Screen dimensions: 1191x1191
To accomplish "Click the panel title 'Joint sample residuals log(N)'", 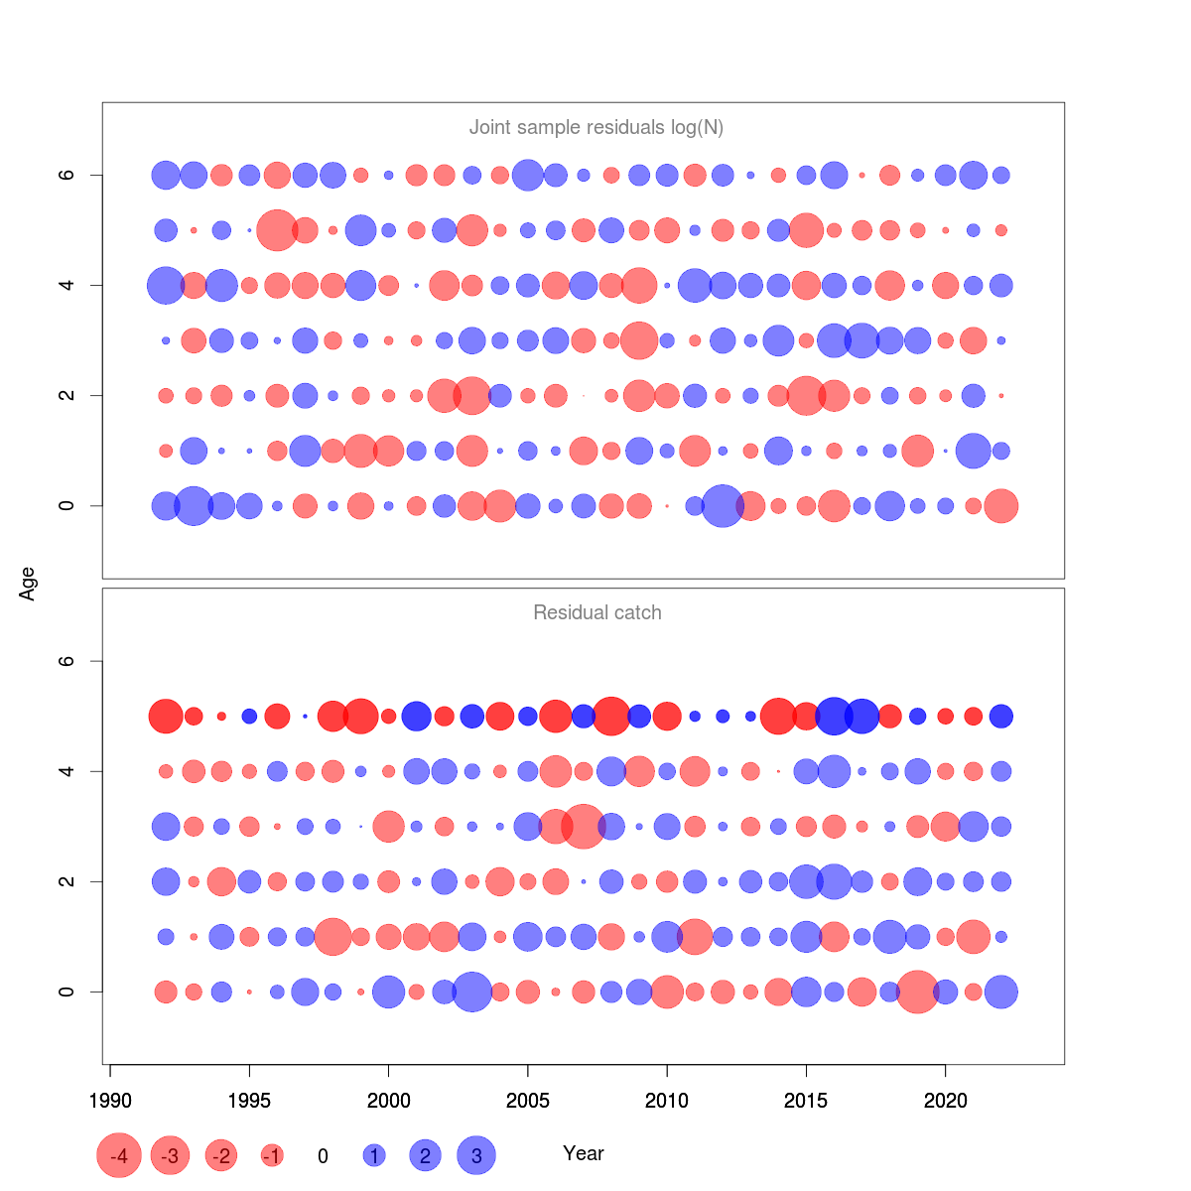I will [595, 127].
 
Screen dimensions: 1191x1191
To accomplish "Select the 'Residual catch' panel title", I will [596, 612].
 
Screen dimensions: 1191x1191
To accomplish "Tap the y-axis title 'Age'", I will [28, 584].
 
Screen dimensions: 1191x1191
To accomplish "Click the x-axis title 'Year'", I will [583, 1153].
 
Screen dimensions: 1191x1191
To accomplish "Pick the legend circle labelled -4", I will [119, 1155].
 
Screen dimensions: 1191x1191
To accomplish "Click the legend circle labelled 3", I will [476, 1155].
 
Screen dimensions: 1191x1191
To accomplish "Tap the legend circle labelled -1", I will [272, 1155].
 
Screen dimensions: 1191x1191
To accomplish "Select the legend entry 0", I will [323, 1156].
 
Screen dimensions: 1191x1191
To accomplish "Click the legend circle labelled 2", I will [425, 1155].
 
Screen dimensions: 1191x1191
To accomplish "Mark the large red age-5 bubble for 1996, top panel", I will [277, 230].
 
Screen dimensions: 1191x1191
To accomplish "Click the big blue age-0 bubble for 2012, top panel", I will [723, 506].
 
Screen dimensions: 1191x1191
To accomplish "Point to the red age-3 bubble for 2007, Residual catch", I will [584, 826].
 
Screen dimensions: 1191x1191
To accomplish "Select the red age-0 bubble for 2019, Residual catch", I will [917, 992].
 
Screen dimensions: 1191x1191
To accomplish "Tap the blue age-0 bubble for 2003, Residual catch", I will [471, 992].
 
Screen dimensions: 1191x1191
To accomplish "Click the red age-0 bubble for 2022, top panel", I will [1001, 506].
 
